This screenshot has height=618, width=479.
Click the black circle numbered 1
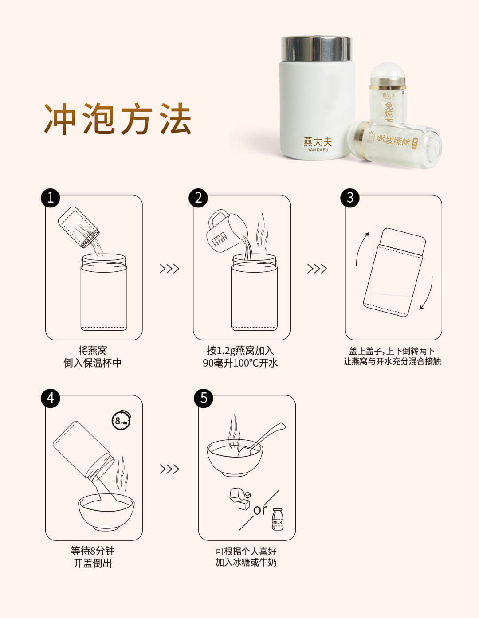click(51, 198)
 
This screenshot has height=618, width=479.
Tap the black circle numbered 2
click(198, 198)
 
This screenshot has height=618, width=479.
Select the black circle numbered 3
click(350, 198)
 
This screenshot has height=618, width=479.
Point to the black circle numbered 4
click(51, 398)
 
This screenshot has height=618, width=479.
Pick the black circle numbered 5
click(204, 398)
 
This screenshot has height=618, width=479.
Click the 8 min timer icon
click(121, 420)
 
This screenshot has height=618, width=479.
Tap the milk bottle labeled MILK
click(277, 519)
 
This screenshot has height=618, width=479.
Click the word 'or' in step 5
click(260, 510)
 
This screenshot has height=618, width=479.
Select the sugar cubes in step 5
click(240, 499)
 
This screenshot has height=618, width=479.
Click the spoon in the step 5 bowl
click(261, 439)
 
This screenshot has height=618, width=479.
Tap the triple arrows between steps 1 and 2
click(169, 269)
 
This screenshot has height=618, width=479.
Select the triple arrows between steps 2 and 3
click(317, 269)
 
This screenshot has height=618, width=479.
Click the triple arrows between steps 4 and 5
click(169, 469)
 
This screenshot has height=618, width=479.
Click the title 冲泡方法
click(118, 119)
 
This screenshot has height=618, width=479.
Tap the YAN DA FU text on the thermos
click(318, 150)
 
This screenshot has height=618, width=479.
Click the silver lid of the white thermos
click(316, 49)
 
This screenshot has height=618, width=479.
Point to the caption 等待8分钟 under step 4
click(93, 551)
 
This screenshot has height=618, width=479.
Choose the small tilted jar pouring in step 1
click(79, 227)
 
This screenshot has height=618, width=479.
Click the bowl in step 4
click(106, 512)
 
